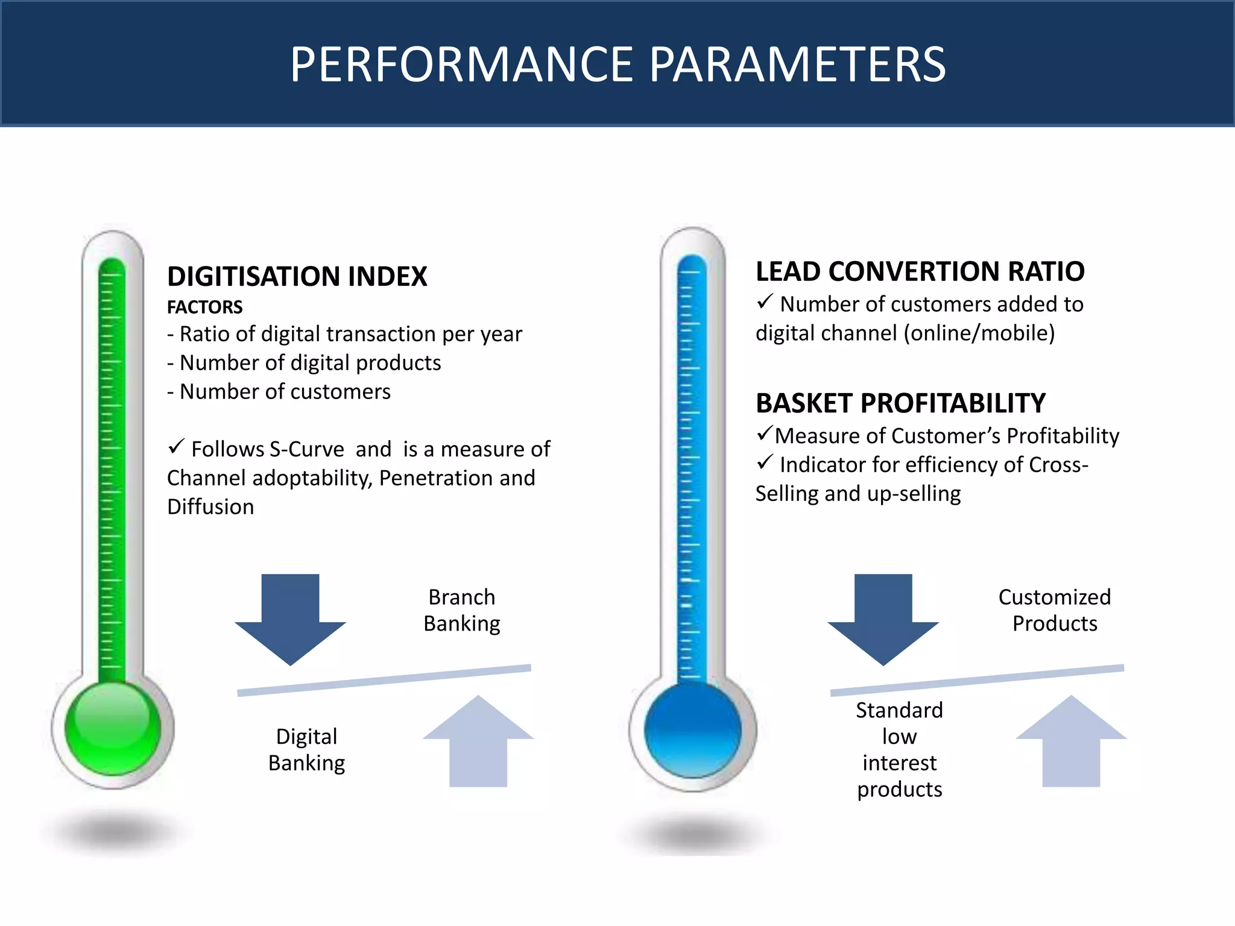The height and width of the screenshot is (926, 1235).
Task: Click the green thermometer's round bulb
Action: click(x=113, y=728)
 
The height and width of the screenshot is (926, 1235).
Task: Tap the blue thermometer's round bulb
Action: click(x=692, y=730)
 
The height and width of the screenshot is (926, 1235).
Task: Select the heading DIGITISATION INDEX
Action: click(x=297, y=276)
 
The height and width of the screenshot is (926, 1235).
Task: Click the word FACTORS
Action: click(x=204, y=307)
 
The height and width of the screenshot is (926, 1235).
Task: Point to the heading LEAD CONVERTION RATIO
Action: click(x=920, y=271)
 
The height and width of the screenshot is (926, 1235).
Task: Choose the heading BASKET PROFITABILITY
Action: click(x=900, y=403)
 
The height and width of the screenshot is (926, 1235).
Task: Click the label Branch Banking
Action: click(x=462, y=610)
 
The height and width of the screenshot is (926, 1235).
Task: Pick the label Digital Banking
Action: click(x=306, y=749)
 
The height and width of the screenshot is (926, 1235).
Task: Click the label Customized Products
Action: click(x=1055, y=610)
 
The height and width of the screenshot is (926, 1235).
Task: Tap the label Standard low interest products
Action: click(x=899, y=749)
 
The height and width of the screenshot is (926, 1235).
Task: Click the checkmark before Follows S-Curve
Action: click(x=176, y=447)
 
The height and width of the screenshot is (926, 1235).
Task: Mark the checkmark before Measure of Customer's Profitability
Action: click(x=764, y=433)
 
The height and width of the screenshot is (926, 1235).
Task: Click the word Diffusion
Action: click(x=210, y=507)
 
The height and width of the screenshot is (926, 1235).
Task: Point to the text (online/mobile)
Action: click(x=979, y=333)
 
